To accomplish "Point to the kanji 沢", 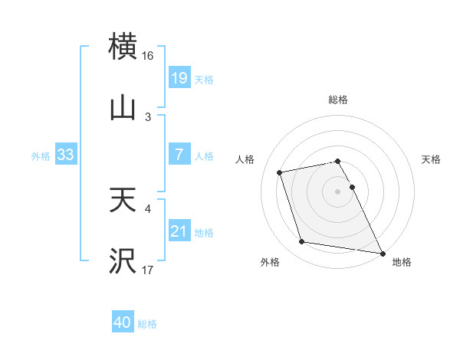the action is coord(123,261).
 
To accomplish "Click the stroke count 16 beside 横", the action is coord(148,56).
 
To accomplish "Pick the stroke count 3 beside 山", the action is coord(148,116).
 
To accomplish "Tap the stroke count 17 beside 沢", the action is coord(148,270).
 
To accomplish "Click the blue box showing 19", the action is coord(179,77).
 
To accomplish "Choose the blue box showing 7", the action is coord(179,154).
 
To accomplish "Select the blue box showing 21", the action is coord(179,231).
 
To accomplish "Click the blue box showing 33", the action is coord(65,154).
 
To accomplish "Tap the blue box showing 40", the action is coord(123,322).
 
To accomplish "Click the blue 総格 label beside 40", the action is coord(147,324).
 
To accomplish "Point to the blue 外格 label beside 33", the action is coord(41,155).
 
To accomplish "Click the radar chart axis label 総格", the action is coord(338,100).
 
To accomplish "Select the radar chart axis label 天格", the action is coord(432,159).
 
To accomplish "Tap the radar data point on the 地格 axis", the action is coord(381,252).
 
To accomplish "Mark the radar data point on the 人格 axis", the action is coord(280,172).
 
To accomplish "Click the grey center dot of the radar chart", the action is coord(338,191).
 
